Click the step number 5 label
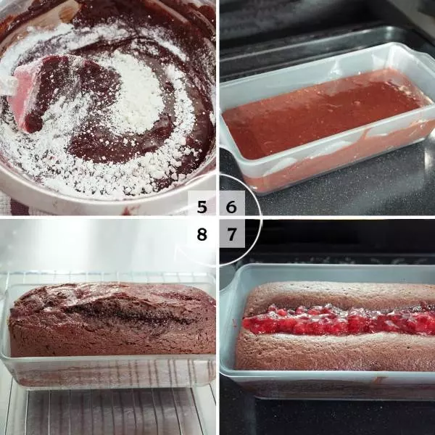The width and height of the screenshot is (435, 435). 202,207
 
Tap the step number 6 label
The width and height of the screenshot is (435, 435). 231,207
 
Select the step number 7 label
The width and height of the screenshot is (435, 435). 231,234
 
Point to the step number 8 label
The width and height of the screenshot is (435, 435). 202,234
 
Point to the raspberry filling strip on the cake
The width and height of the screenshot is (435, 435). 339,319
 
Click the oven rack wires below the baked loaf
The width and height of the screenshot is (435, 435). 111,410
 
